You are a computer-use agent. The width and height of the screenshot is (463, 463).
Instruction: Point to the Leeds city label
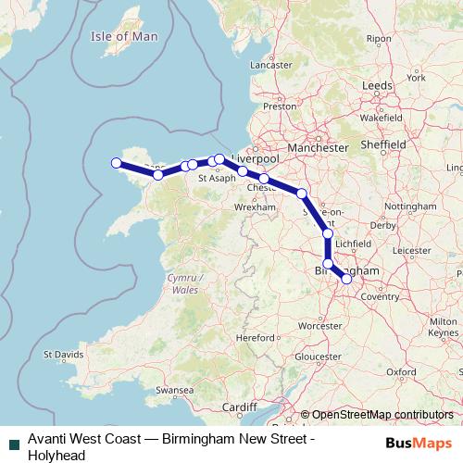point(378,84)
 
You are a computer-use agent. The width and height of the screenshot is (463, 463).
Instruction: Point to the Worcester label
point(315,326)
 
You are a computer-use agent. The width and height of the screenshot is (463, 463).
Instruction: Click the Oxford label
point(401,371)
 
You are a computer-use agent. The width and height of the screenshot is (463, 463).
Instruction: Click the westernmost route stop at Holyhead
point(117,164)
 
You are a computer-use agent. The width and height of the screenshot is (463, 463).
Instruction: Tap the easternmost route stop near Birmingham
point(346,278)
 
